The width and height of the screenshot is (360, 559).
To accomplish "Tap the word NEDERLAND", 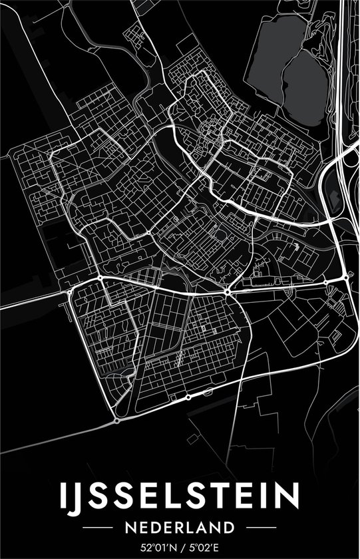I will (x=180, y=528).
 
